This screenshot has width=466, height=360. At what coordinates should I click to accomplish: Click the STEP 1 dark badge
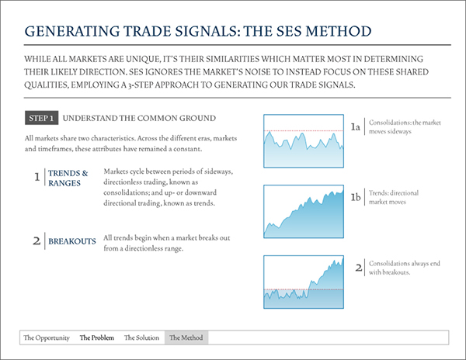[x=42, y=118]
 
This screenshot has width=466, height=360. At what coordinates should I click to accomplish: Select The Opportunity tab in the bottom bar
[x=47, y=337]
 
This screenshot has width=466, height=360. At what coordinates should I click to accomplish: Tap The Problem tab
[x=97, y=337]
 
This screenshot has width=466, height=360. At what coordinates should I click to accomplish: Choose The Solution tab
[x=141, y=337]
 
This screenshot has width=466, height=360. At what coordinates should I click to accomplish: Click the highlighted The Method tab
[x=186, y=337]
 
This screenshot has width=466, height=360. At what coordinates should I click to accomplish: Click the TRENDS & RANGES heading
[x=68, y=178]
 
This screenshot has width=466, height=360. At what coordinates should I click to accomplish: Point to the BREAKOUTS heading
[x=72, y=241]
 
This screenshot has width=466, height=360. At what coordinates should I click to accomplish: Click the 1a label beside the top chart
[x=356, y=127]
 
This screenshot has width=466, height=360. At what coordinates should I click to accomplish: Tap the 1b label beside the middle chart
[x=356, y=197]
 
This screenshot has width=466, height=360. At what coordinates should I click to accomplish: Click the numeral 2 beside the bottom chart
[x=359, y=268]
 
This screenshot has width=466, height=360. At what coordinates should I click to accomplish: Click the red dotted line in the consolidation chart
[x=304, y=130]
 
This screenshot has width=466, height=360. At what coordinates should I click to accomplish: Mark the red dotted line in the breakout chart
[x=304, y=289]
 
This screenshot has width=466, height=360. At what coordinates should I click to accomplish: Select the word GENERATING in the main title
[x=71, y=32]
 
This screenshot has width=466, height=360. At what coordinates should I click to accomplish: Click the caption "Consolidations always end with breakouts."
[x=404, y=268]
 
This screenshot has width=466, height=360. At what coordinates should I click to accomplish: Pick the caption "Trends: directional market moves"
[x=394, y=197]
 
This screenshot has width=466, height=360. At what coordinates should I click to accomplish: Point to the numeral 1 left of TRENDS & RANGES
[x=37, y=177]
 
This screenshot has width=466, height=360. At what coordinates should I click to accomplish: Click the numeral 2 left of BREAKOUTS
[x=37, y=241]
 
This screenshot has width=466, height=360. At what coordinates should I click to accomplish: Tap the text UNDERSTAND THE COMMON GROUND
[x=139, y=118]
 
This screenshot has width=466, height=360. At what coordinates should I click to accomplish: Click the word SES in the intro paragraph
[x=135, y=72]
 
